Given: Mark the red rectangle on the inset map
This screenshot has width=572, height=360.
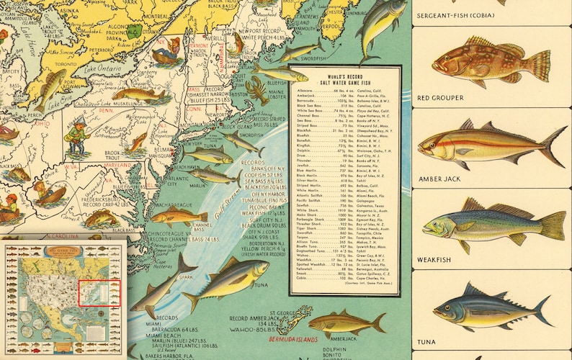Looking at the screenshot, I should click(99, 293).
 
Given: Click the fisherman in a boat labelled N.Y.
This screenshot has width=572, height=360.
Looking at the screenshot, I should click(166, 54).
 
